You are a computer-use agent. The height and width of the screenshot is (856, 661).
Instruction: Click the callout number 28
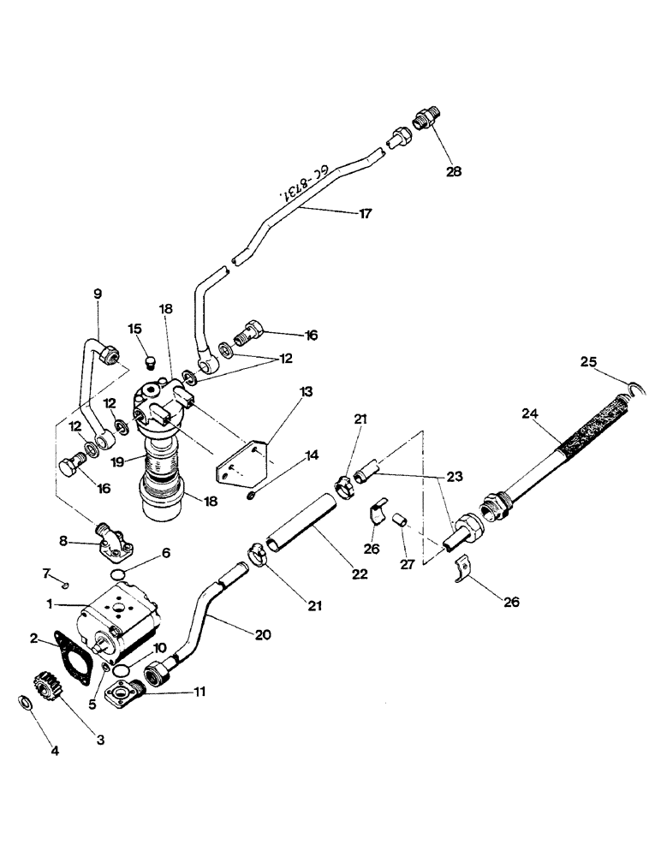[453, 171]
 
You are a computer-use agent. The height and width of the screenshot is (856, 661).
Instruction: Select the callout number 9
[97, 294]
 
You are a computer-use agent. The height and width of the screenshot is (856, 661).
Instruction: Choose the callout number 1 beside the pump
[51, 603]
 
